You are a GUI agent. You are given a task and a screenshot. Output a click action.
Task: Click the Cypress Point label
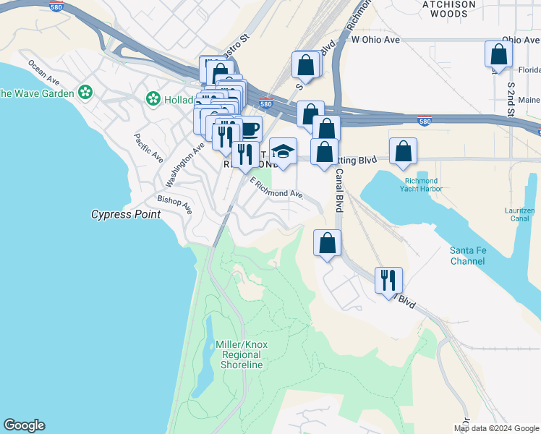pos(126,215)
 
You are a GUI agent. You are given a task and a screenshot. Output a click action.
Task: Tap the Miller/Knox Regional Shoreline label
pos(242,354)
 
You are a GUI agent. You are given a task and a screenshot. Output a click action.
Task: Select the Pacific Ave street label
pos(148,148)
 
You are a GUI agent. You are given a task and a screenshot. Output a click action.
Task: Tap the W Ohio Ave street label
pos(375,40)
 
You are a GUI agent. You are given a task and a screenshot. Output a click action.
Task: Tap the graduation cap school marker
pos(283,152)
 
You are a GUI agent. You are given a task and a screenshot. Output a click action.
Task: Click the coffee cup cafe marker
pos(249,129)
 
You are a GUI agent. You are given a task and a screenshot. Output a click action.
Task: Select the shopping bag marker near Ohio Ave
pos(498,54)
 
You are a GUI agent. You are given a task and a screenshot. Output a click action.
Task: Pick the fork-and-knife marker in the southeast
pos(388,280)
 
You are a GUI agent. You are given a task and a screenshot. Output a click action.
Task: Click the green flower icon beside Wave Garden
pos(86,92)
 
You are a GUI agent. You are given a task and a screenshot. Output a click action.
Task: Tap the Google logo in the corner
pos(24,425)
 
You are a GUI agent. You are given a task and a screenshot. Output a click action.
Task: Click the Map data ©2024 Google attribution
pos(496,428)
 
